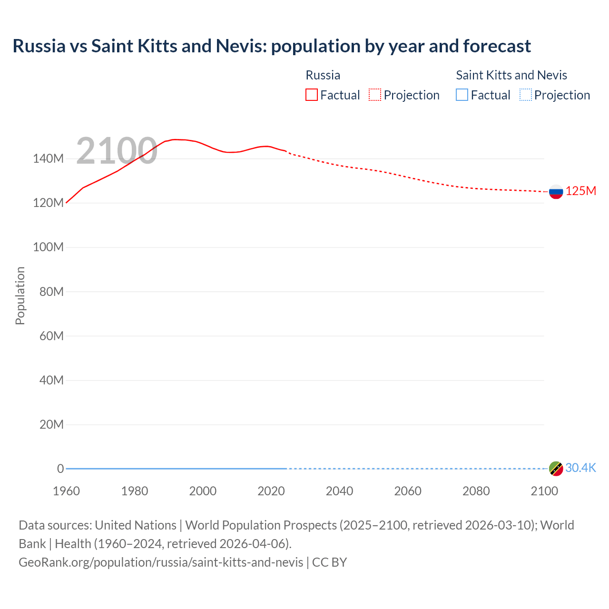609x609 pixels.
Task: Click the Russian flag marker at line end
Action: coord(556,192)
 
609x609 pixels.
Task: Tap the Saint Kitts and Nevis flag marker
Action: coord(556,469)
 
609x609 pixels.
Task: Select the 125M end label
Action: coord(580,191)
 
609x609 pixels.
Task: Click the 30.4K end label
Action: coord(580,468)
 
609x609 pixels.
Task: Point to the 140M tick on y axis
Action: coord(48,159)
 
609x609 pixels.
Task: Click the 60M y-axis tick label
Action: coord(51,336)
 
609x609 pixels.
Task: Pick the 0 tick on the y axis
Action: coord(60,469)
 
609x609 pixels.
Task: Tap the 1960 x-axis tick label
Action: coord(66,491)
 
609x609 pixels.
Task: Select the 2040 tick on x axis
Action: coord(339,491)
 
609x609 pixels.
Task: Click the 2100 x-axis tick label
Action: coord(544,491)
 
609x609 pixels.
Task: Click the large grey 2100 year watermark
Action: coord(117,151)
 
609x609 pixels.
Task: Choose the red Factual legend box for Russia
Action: coord(312,95)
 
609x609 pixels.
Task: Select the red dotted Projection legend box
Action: coord(375,95)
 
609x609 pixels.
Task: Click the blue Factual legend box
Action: coord(462,95)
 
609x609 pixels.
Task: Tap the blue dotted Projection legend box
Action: coord(526,95)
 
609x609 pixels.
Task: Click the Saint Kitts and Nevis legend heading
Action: coord(511,75)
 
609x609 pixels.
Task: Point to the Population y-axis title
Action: coord(20,295)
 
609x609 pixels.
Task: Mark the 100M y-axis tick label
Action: coord(48,247)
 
